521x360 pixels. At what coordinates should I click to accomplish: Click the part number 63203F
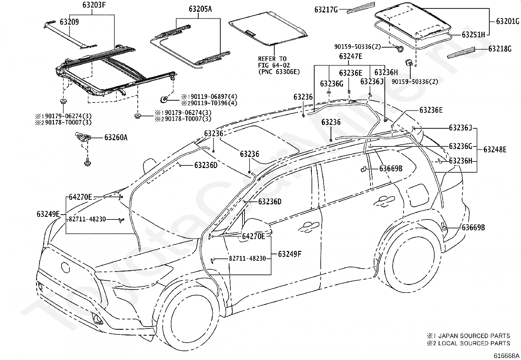point(94,5)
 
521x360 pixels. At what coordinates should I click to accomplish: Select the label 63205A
point(200,9)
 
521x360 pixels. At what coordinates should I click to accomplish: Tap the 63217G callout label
point(326,9)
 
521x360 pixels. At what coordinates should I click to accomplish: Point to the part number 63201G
point(508,21)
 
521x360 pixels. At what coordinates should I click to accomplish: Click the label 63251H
point(473,35)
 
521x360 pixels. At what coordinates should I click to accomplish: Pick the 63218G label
point(500,49)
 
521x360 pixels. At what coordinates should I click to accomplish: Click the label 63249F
point(290,254)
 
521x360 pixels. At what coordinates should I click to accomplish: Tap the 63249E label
point(48,214)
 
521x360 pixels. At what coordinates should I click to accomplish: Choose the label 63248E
point(495,149)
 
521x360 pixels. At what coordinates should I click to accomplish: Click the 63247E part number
point(350,56)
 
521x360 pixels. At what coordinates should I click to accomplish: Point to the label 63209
point(69,22)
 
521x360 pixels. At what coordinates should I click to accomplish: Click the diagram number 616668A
point(506,356)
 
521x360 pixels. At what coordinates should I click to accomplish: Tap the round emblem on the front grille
point(65,267)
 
